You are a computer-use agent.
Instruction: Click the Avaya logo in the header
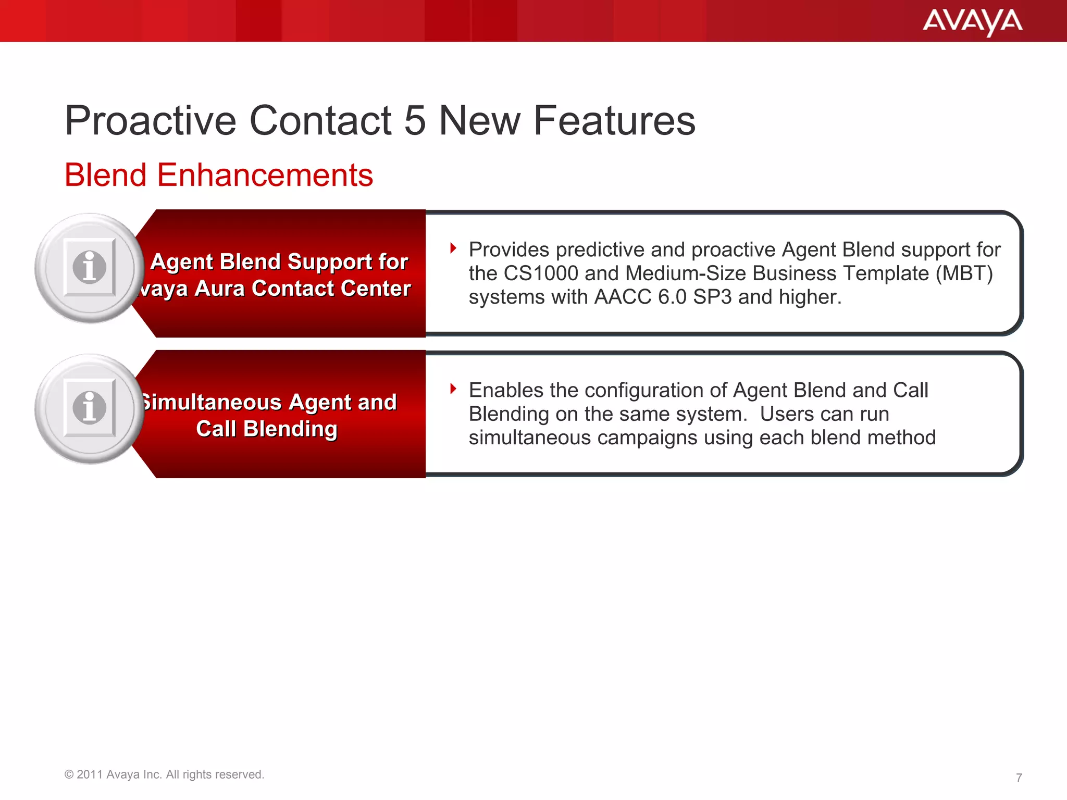point(972,22)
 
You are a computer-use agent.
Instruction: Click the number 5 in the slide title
point(415,121)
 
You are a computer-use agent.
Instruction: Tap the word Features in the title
point(614,121)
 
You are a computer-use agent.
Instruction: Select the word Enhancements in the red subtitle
point(265,175)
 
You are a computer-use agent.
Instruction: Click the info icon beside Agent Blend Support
point(90,268)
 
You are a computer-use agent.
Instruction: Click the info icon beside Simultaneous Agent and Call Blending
point(90,408)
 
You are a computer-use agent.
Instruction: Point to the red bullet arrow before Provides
point(453,248)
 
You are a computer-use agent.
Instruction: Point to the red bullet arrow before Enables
point(453,389)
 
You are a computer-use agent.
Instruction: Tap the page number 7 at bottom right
point(1019,778)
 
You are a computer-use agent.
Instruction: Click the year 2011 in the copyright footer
point(90,774)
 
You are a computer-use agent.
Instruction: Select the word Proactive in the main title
point(151,121)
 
